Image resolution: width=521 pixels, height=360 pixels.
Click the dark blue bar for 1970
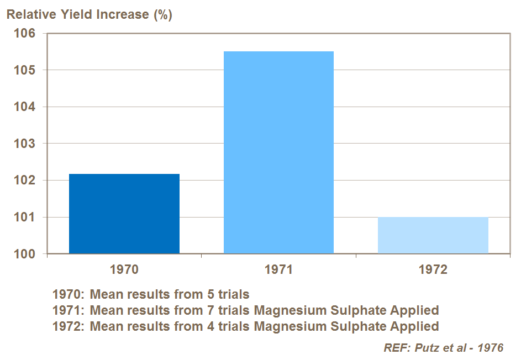124,214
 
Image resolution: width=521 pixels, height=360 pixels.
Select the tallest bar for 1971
278,152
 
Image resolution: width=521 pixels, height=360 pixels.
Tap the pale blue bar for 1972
433,235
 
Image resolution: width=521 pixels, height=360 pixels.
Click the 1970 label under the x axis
124,270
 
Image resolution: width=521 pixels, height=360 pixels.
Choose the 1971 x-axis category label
278,270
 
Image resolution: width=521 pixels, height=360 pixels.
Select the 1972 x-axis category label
433,270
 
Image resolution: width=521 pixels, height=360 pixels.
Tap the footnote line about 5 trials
151,294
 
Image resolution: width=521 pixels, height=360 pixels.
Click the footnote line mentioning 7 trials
245,310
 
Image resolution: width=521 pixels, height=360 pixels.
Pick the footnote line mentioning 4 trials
245,326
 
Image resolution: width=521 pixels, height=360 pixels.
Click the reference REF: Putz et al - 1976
443,348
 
